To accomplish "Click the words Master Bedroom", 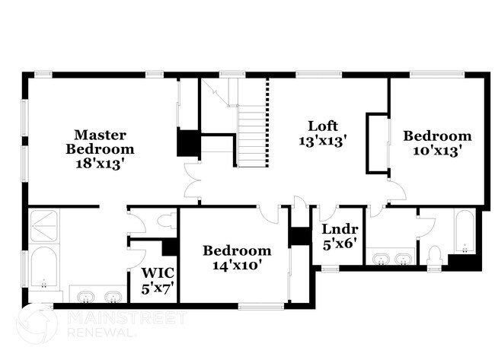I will coord(100,142).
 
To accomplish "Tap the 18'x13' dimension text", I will coord(100,162).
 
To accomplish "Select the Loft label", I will coord(323,126).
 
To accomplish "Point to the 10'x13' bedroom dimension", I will coord(437,150).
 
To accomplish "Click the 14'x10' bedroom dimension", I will coord(237,265).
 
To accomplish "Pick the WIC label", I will coord(158,273).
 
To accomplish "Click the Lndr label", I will coord(334,228).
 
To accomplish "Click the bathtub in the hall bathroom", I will coord(464,231).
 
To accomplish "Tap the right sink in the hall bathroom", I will coord(404,260).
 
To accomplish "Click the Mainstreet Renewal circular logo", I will coord(36,323).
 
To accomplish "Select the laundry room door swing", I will coord(327,214).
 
